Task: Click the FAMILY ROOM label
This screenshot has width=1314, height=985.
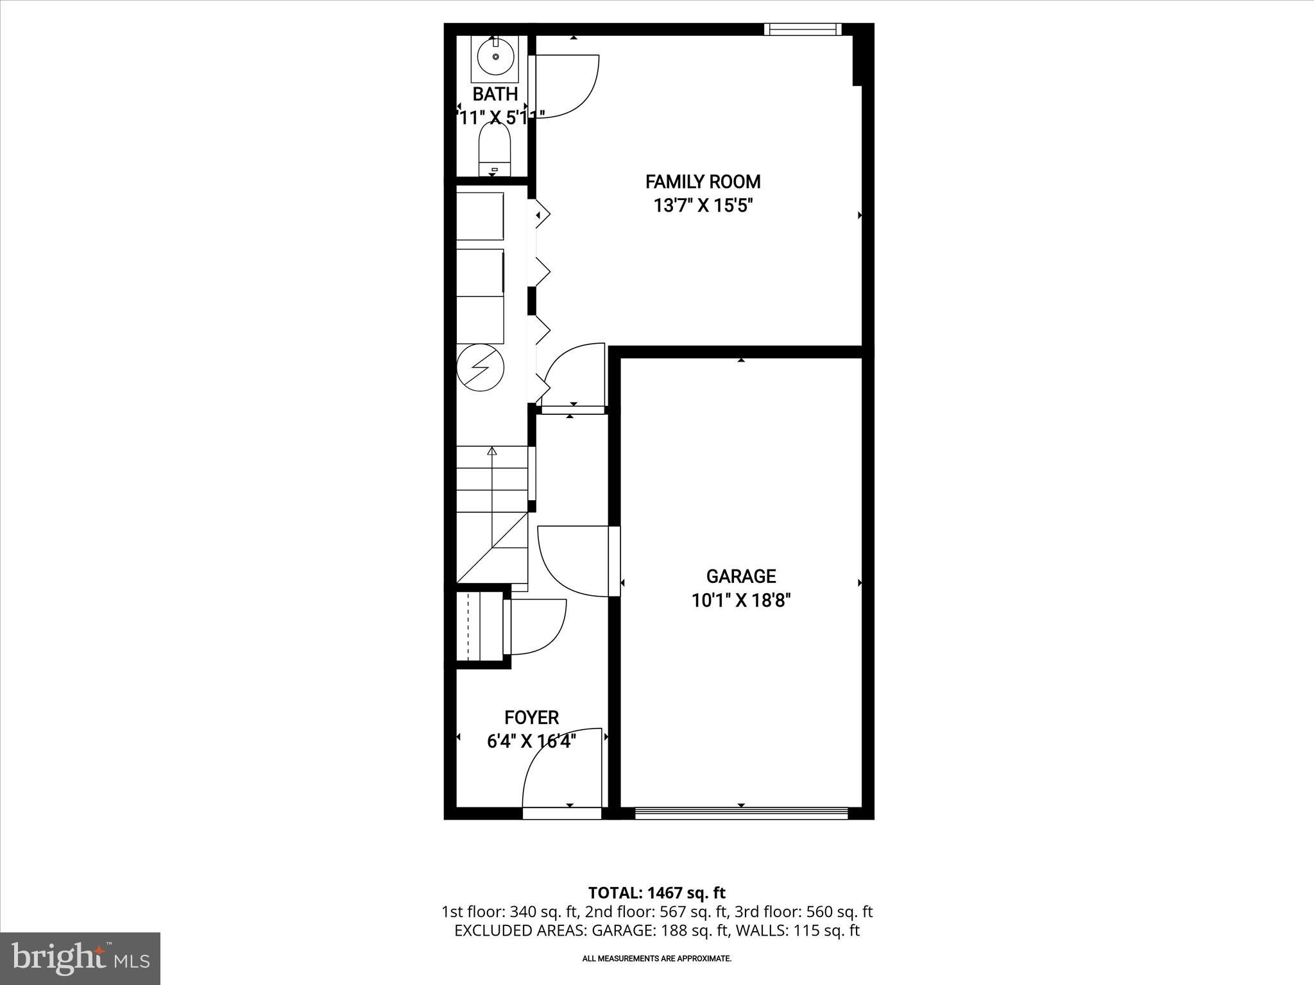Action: coord(703,182)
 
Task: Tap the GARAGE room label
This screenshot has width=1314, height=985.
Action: coord(740,576)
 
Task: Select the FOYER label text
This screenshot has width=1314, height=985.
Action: coord(531,717)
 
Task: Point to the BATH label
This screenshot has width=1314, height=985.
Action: coord(495,94)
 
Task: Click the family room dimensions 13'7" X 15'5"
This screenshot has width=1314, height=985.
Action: coord(703,206)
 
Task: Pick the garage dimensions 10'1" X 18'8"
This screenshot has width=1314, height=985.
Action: coord(740,601)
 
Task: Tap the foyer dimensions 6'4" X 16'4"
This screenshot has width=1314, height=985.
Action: coord(531,741)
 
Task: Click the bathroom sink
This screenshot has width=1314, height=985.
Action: coord(495,56)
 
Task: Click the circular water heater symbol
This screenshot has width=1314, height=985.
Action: coord(480,367)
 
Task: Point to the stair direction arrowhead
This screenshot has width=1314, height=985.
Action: coord(492,451)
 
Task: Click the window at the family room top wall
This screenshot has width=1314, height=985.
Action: coord(802,29)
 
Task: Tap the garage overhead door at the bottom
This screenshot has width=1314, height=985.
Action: coord(741,813)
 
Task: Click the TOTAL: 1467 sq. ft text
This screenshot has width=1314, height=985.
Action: coord(656,893)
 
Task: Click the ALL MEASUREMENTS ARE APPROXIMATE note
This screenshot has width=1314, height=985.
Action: coord(656,959)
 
